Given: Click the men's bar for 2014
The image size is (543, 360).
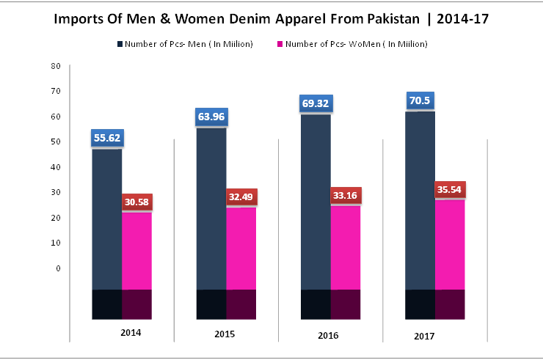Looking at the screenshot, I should coord(106,220).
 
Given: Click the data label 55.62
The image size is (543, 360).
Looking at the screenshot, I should coord(106,137).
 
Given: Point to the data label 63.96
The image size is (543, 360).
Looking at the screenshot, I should coord(211,116).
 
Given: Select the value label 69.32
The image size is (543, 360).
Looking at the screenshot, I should coord(316,103).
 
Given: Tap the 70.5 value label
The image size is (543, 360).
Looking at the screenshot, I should coord(420,100).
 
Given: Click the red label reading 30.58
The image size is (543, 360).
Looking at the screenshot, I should coord(136,202).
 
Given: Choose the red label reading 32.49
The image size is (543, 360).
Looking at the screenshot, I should coord(241,196).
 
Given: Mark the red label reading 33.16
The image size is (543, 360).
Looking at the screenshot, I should coord(346,196).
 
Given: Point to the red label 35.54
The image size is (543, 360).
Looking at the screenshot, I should coord(450,189).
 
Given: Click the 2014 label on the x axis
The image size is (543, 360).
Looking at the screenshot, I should coord(131,333).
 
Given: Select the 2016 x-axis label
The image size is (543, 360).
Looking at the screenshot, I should coord(328,335).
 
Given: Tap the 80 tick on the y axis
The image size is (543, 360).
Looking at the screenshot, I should coord(56,66).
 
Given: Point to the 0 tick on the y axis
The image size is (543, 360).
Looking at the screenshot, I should coord(58,268).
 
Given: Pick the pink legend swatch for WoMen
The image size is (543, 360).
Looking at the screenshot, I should coord(279,45).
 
